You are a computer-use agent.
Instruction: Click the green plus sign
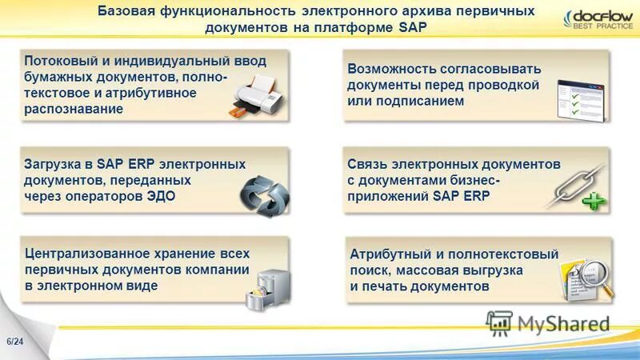[594, 202]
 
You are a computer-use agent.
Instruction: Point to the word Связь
[366, 164]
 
